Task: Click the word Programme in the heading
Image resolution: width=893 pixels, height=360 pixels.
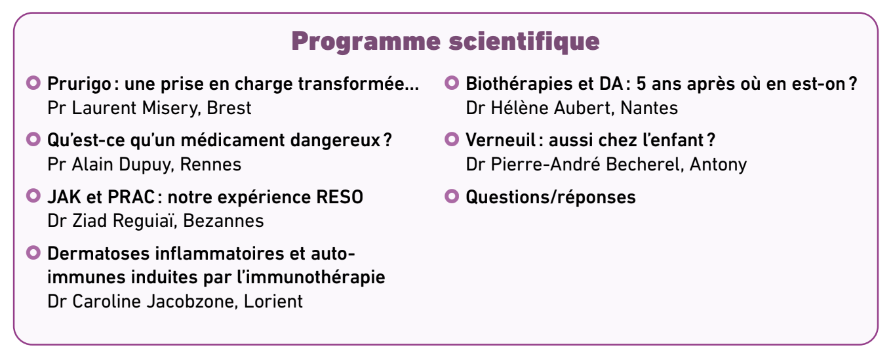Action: (366, 41)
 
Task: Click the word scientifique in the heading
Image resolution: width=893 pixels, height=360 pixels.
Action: (525, 41)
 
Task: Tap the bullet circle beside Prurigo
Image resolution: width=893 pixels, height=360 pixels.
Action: (33, 83)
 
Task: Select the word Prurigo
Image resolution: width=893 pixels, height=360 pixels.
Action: (79, 84)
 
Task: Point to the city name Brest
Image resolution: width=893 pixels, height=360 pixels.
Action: (229, 108)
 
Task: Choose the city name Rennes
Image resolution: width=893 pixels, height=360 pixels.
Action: (210, 165)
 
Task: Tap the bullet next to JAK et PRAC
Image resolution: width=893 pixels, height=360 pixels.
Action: (33, 196)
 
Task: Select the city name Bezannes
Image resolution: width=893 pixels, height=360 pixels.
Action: (223, 221)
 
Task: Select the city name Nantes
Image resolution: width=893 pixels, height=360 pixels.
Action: (649, 108)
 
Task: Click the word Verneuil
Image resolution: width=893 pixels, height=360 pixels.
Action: (501, 140)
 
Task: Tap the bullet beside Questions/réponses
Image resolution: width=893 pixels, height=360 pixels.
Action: (452, 196)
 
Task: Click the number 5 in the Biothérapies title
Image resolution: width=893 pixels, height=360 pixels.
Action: (641, 84)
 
